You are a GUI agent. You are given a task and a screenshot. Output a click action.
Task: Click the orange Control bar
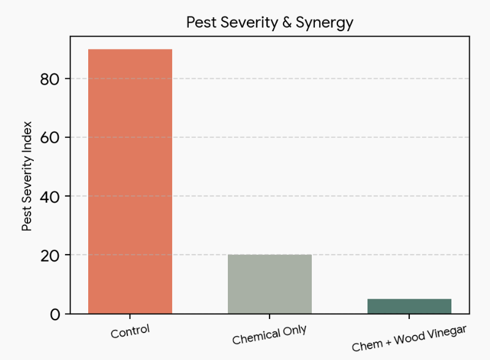pos(130,181)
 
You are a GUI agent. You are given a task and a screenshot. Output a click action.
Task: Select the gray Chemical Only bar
pos(269,284)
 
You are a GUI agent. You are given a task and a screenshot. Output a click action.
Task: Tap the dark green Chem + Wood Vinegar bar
pos(409,306)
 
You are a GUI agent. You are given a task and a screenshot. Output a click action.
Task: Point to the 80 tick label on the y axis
pos(50,80)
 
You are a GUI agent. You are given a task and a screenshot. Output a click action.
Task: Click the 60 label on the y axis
pos(50,138)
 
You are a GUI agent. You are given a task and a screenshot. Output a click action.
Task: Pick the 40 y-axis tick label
pos(50,197)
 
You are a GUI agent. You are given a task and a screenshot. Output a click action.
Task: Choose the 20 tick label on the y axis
pos(50,256)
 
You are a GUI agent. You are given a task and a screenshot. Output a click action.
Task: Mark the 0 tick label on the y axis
pos(55,315)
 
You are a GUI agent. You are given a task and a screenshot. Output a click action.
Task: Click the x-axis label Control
pos(130,332)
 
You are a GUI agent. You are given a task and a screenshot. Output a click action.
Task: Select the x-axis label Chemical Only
pos(269,335)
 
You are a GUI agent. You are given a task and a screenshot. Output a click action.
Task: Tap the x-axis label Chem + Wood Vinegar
pos(409,339)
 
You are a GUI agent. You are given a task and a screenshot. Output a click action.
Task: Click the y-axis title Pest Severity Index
pos(27,176)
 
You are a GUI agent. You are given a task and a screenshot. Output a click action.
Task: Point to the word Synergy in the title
pos(325,23)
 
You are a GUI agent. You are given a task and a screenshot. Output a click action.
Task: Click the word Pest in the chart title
pos(202,23)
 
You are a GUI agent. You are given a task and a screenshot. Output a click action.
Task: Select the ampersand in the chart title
pos(287,23)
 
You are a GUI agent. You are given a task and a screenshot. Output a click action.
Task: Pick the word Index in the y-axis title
pos(27,133)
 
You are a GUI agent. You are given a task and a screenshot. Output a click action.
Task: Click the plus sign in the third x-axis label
pos(388,342)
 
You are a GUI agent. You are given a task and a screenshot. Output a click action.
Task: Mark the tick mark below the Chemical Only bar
pos(269,317)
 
